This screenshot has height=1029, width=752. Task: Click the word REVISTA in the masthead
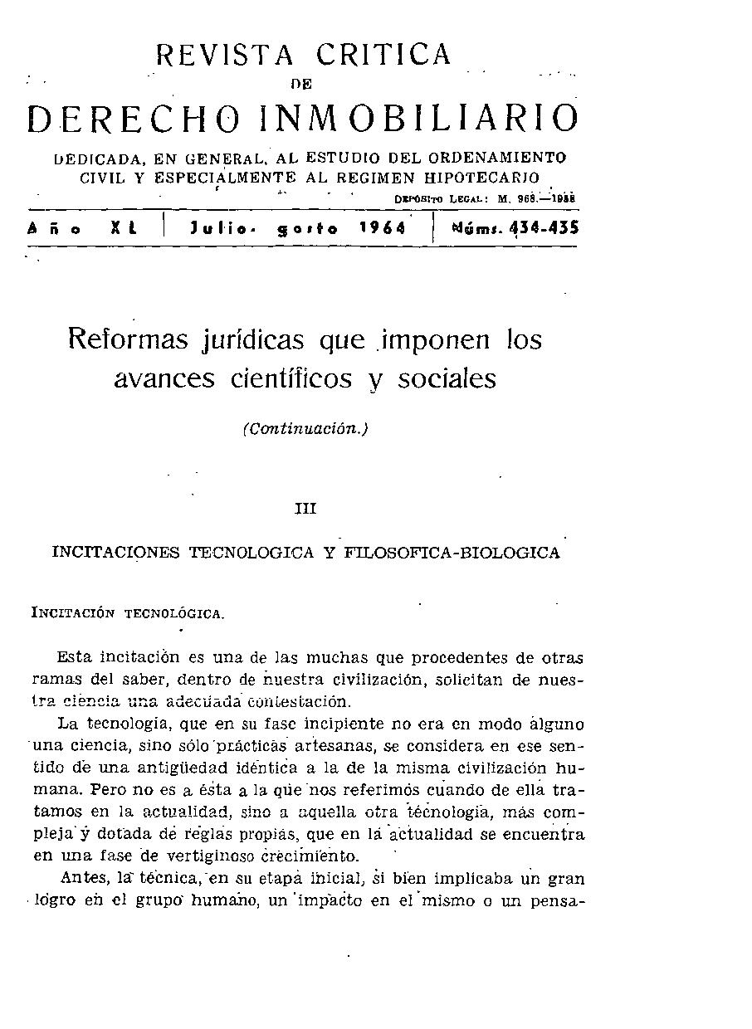[x=224, y=55]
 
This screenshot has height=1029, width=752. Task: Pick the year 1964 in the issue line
[x=383, y=228]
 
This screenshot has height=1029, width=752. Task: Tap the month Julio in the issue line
[x=220, y=228]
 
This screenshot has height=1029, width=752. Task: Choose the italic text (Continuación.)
[x=305, y=429]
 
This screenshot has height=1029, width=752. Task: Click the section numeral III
[x=305, y=509]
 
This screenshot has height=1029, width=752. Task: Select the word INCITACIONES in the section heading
[x=115, y=553]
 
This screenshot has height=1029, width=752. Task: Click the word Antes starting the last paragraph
[x=79, y=878]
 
